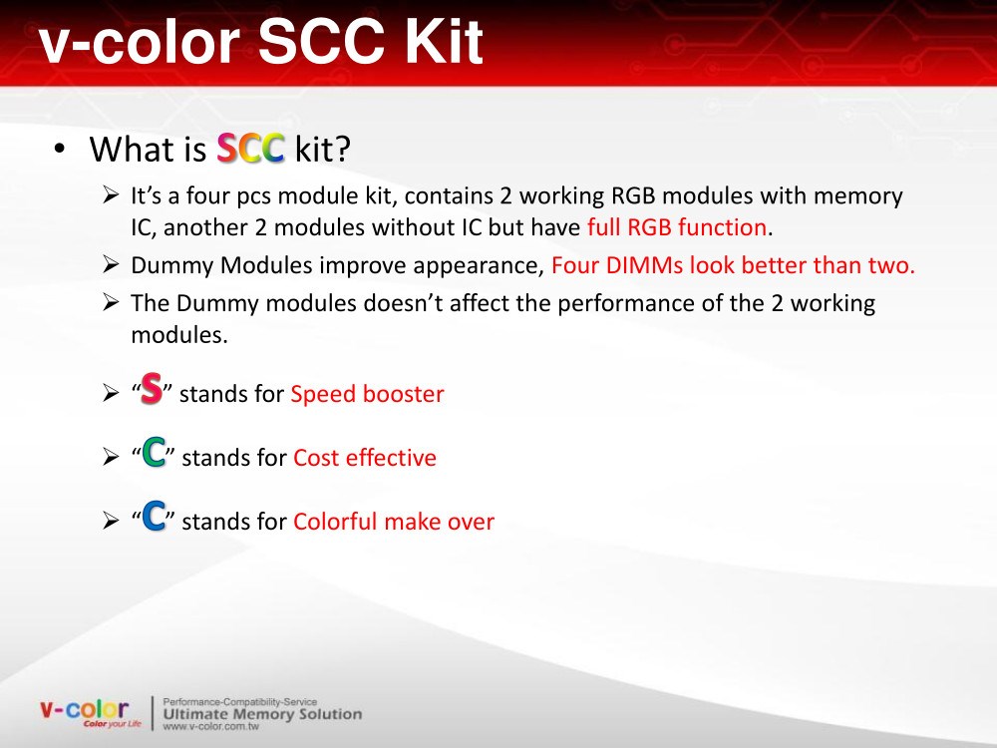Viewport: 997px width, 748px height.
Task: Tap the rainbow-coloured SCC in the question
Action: [250, 149]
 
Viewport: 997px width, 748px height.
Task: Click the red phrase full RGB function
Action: [677, 227]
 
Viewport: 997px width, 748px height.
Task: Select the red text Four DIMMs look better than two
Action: [733, 264]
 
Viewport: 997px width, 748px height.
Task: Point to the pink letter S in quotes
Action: [152, 388]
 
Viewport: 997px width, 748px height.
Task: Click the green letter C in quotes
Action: [154, 452]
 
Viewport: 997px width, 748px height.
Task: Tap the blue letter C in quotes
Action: [154, 516]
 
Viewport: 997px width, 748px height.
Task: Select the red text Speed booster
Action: [367, 394]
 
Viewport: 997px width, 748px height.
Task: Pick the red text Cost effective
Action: [364, 458]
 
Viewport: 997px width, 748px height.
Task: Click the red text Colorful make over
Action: [394, 521]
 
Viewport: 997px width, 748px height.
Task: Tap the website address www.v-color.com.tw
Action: [210, 726]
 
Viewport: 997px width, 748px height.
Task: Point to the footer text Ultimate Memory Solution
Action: [262, 714]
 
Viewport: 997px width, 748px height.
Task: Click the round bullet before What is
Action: [60, 150]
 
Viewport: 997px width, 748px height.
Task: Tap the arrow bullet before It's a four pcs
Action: [111, 194]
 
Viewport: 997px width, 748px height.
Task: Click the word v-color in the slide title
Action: [139, 42]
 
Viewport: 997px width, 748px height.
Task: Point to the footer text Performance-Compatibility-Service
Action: [239, 701]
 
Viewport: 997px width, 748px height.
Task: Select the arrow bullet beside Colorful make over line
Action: [111, 521]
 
